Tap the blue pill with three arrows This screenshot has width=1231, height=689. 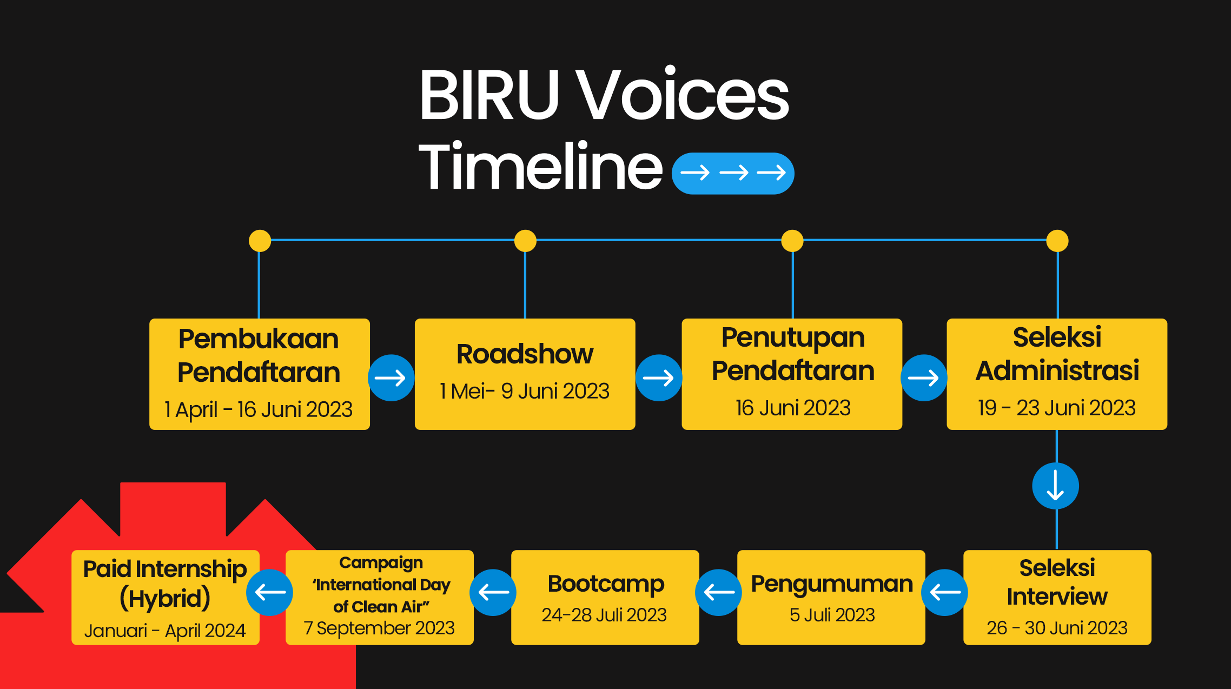(x=733, y=173)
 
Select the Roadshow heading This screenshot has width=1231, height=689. (x=525, y=354)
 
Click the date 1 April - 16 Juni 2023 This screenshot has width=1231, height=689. (x=259, y=409)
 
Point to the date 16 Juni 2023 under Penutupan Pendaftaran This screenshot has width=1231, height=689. (x=793, y=408)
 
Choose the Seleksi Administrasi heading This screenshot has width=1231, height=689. (x=1057, y=354)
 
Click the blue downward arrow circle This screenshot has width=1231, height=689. (x=1055, y=486)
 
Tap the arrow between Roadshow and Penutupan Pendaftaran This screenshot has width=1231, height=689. (x=659, y=377)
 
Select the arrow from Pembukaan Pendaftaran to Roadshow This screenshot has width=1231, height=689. (x=391, y=377)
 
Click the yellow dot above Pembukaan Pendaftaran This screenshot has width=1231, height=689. (x=260, y=241)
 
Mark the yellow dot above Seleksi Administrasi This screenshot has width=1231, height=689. (x=1057, y=241)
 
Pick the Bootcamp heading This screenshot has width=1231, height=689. (x=606, y=584)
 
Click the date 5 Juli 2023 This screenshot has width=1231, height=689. (x=832, y=615)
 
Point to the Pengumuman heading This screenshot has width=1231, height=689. (x=832, y=584)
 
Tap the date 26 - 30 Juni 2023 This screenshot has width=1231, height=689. (x=1057, y=628)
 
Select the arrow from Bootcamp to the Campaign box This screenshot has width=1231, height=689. (x=493, y=592)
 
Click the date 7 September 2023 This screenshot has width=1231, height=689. (x=379, y=628)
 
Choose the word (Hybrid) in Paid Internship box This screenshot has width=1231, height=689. (x=165, y=599)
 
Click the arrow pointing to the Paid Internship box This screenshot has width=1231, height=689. (x=269, y=592)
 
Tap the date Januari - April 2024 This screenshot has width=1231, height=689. (x=165, y=631)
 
